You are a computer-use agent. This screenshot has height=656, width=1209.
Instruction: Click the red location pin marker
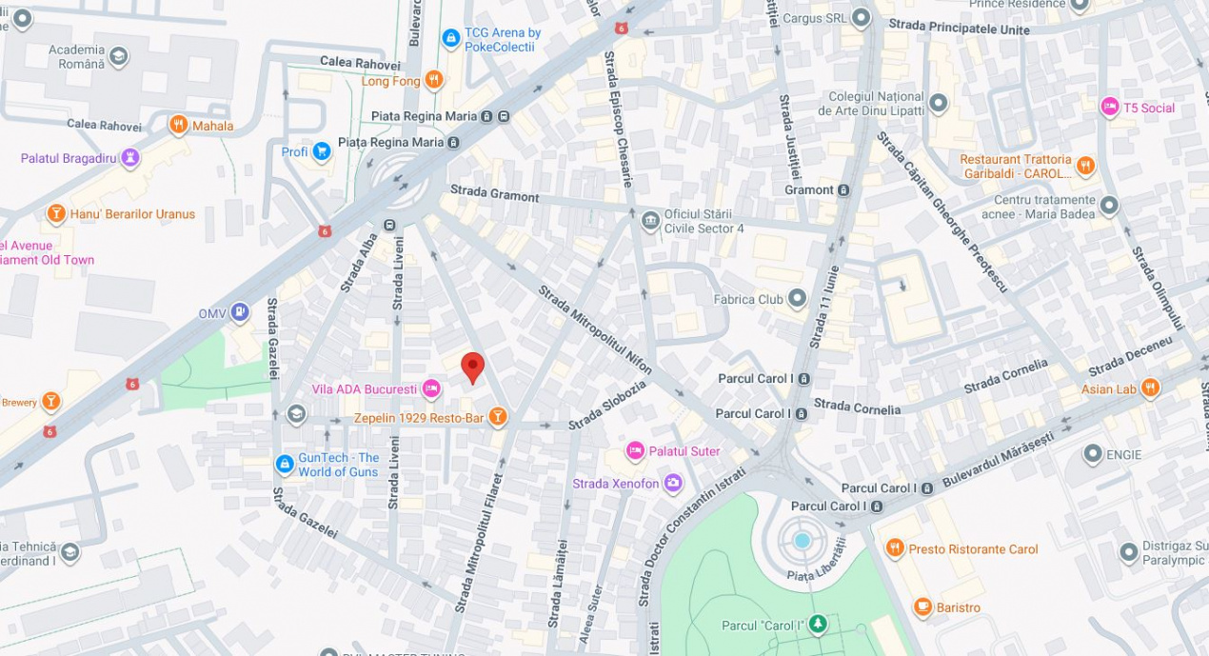click(x=472, y=367)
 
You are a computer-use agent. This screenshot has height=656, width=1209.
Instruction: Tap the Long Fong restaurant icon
click(x=434, y=80)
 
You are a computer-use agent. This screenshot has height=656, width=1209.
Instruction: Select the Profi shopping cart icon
click(x=322, y=150)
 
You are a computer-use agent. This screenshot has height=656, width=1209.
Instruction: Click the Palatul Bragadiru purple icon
click(x=130, y=157)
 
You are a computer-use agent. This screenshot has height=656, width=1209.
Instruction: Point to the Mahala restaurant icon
click(x=178, y=125)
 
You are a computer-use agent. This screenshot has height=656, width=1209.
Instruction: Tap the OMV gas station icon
click(x=240, y=311)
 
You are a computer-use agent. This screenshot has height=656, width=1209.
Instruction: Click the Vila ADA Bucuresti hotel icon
click(x=431, y=388)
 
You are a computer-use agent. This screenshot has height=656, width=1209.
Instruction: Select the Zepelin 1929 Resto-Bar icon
click(x=496, y=417)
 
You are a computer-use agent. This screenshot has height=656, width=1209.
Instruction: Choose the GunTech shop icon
click(x=285, y=464)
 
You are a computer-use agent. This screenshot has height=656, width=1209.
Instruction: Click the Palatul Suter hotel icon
click(x=635, y=450)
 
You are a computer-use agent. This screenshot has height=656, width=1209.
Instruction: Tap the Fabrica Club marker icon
click(x=797, y=299)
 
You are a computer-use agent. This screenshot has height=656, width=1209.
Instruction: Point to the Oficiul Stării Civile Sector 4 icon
click(x=650, y=221)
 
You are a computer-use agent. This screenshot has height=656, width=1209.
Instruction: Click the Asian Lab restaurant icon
click(x=1150, y=388)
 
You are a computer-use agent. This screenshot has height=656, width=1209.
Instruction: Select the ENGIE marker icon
click(x=1092, y=454)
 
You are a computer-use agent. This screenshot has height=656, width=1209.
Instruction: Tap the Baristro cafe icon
click(x=922, y=607)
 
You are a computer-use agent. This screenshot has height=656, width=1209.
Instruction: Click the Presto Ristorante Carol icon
click(x=894, y=548)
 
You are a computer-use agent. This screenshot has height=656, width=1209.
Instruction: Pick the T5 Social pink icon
click(x=1109, y=107)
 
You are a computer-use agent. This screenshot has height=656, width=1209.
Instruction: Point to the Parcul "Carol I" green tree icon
click(x=818, y=625)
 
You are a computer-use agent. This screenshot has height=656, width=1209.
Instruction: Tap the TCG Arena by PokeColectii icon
click(x=451, y=38)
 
